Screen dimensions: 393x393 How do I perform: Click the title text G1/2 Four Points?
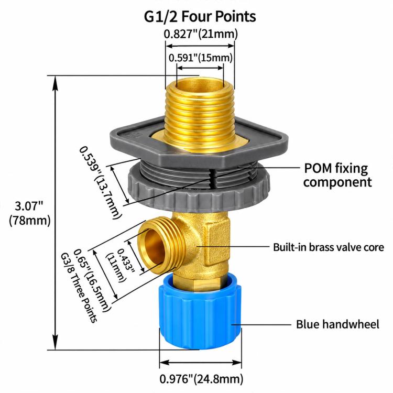click(x=200, y=16)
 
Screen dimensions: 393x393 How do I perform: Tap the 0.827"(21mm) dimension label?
click(x=201, y=34)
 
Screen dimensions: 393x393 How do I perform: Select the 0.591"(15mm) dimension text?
click(x=201, y=58)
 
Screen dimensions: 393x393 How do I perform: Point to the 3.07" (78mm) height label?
click(x=29, y=213)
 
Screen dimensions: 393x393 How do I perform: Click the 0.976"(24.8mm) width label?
click(x=201, y=379)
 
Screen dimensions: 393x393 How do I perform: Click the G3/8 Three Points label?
click(x=79, y=288)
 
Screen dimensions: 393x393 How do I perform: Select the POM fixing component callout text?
click(x=337, y=175)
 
